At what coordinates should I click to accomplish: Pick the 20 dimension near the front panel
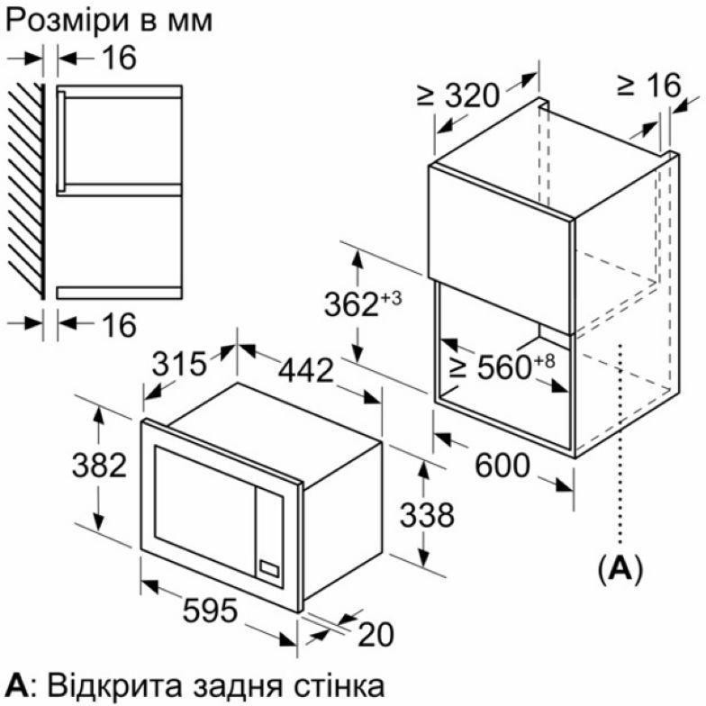click(376, 635)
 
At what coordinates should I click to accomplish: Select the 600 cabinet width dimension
click(502, 466)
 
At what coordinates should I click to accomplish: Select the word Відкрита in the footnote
click(106, 685)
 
